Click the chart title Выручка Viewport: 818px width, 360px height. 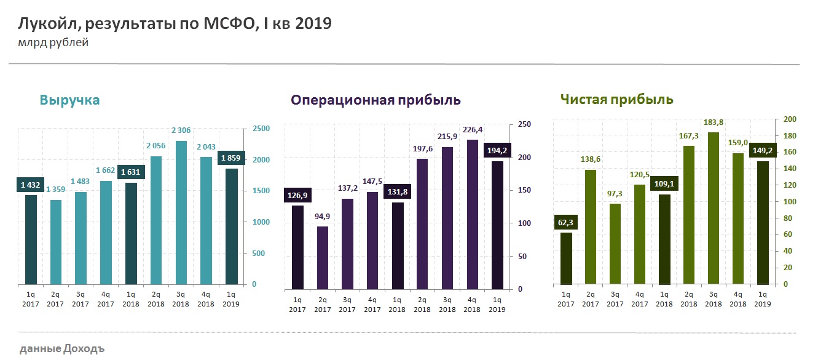pyautogui.click(x=69, y=100)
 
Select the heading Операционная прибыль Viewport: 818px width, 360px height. pyautogui.click(x=376, y=100)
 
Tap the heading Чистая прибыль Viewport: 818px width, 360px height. pyautogui.click(x=616, y=100)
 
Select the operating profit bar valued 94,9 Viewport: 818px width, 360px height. pyautogui.click(x=323, y=257)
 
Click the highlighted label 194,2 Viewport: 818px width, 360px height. pyautogui.click(x=497, y=151)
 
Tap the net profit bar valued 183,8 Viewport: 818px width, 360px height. pyautogui.click(x=712, y=208)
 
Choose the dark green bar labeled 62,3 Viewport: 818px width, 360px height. pyautogui.click(x=566, y=258)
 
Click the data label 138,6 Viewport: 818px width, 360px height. pyautogui.click(x=590, y=159)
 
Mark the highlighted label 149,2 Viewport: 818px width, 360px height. pyautogui.click(x=762, y=150)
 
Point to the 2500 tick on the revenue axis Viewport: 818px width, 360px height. pyautogui.click(x=261, y=129)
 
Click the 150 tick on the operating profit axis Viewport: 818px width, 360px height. pyautogui.click(x=521, y=190)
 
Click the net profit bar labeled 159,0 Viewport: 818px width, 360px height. pyautogui.click(x=737, y=218)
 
